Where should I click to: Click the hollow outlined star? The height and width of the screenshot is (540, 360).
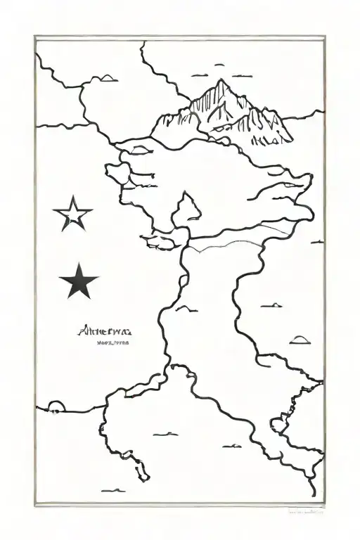coord(73,214)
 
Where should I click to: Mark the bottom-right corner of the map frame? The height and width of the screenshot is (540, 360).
coord(325,503)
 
